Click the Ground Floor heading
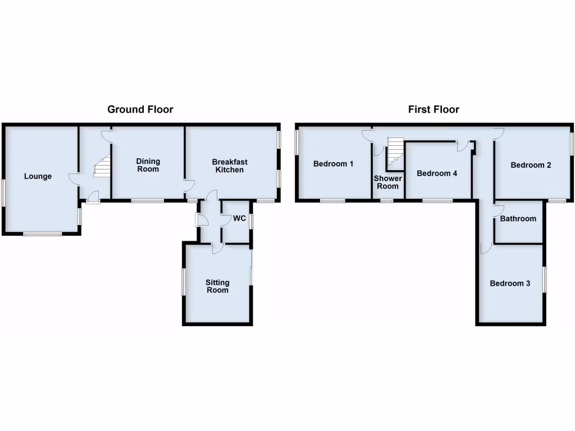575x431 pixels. click(140, 109)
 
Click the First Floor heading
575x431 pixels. click(433, 109)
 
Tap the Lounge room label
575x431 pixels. click(38, 176)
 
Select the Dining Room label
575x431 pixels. click(148, 165)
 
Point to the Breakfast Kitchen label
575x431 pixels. click(230, 166)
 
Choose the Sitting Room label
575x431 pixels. click(217, 286)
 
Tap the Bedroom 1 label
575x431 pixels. click(333, 164)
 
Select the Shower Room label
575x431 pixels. click(387, 182)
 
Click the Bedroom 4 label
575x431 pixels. click(437, 173)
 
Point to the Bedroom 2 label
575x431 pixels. click(531, 165)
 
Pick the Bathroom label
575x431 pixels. click(518, 218)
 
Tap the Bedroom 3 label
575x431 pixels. click(510, 283)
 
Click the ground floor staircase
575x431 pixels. click(102, 167)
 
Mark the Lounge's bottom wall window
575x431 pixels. click(43, 234)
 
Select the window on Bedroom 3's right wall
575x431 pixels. click(544, 280)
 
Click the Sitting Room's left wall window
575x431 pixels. click(182, 282)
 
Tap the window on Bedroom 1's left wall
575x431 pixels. click(296, 142)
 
